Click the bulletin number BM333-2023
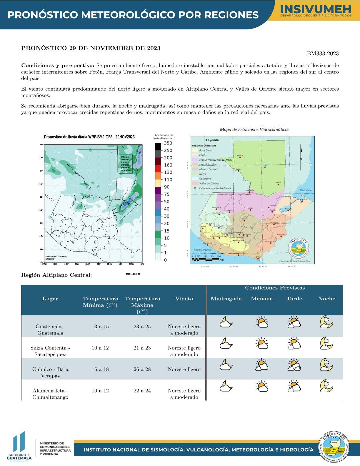click(x=323, y=54)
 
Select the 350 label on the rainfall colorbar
click(x=168, y=143)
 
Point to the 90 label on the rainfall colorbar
click(x=167, y=187)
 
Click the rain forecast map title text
click(x=89, y=137)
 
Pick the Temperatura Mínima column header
click(x=100, y=302)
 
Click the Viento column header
click(x=184, y=299)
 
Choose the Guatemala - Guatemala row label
click(x=50, y=329)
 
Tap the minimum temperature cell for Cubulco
click(x=100, y=369)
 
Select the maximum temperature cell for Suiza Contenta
click(x=142, y=348)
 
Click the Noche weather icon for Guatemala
click(x=326, y=322)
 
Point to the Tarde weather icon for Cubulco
click(x=294, y=365)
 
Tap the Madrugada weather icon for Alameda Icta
click(x=226, y=386)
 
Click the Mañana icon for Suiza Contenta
click(x=262, y=343)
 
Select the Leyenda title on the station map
click(x=212, y=140)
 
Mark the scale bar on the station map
click(x=206, y=259)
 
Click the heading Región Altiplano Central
click(x=56, y=275)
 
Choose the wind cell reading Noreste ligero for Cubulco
click(x=184, y=369)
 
